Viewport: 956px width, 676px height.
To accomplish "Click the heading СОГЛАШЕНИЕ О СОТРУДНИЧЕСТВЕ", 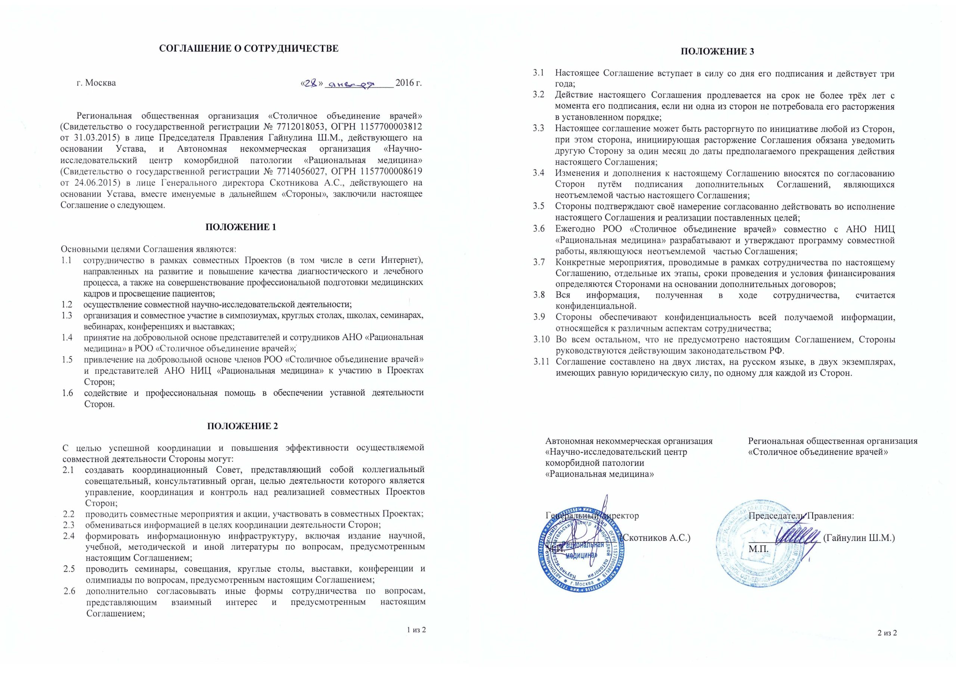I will (249, 49).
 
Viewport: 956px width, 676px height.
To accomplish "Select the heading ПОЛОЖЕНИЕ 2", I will (242, 426).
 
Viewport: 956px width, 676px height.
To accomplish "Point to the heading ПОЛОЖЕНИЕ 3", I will (717, 52).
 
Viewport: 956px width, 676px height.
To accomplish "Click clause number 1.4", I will (67, 337).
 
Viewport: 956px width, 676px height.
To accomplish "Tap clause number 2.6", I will (69, 591).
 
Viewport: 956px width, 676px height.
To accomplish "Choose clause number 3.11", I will (542, 362).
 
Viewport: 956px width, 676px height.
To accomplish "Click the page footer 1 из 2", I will (416, 629).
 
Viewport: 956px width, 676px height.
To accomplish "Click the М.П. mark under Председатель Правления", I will (758, 549).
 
